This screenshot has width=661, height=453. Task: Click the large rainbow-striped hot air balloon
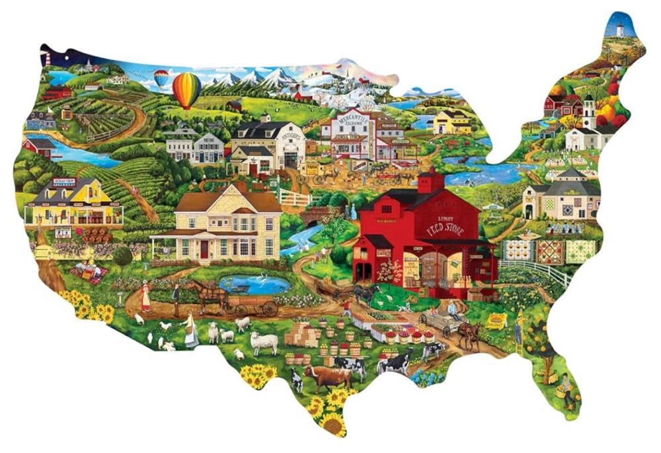point(186,89)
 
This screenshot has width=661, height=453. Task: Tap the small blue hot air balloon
point(161,79)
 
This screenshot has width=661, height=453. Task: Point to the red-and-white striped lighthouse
point(48,58)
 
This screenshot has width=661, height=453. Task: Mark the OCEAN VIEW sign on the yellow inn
point(63,182)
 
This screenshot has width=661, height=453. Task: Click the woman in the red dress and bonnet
point(145,297)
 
